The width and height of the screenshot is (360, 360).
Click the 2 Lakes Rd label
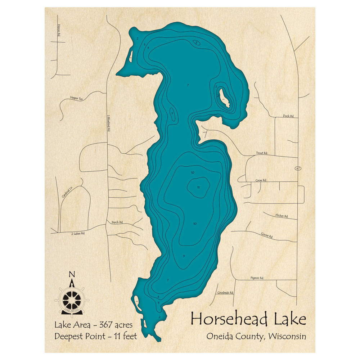click(77, 234)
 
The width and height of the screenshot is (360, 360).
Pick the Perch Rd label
click(117, 222)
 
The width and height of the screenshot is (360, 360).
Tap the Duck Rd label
click(288, 116)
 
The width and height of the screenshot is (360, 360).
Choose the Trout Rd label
click(262, 153)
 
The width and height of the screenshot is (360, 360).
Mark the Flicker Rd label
click(282, 216)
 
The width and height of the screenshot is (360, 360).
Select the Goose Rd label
click(267, 235)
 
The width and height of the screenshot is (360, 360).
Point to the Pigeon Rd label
click(257, 278)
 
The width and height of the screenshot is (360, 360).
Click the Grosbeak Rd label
click(225, 293)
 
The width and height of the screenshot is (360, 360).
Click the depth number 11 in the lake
click(198, 188)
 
